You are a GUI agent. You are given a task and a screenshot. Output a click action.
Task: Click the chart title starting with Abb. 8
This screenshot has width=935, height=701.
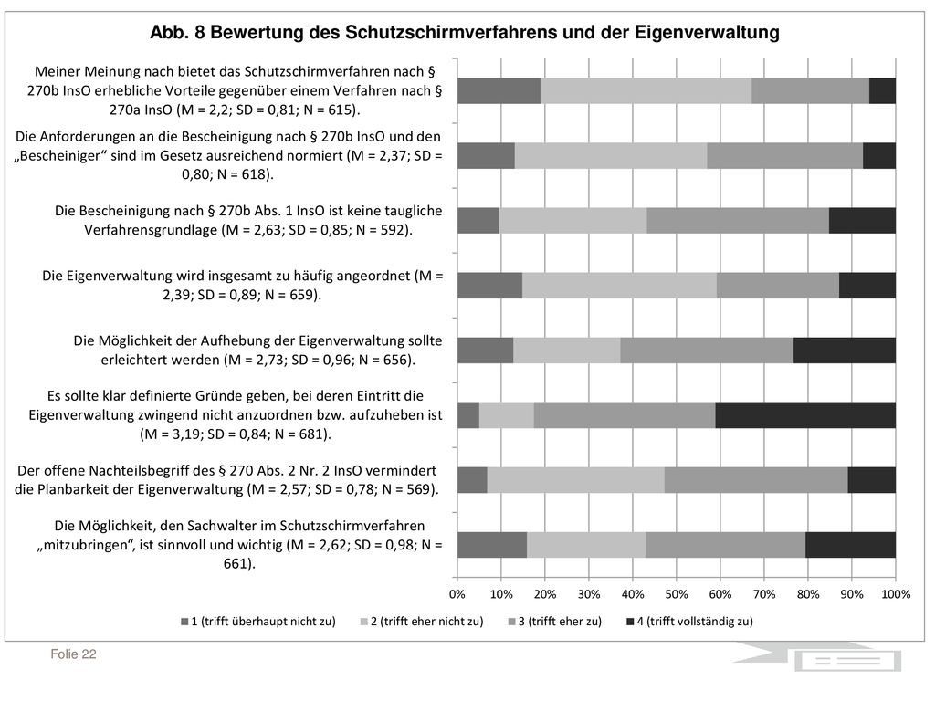[465, 32]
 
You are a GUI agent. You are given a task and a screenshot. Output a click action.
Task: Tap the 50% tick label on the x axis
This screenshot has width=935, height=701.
[677, 594]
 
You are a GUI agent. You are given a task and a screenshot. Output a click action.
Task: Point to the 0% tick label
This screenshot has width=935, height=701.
[457, 594]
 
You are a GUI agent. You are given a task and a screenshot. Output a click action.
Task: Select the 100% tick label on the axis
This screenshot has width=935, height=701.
[896, 594]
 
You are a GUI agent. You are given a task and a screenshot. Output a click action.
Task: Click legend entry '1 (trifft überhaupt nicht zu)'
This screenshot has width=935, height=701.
[258, 621]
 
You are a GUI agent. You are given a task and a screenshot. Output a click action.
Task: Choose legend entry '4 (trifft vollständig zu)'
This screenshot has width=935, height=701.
[690, 621]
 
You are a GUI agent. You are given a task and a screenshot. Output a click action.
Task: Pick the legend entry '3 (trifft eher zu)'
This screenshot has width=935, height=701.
[554, 621]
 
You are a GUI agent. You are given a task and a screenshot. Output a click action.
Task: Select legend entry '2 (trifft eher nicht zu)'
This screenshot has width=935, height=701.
[422, 621]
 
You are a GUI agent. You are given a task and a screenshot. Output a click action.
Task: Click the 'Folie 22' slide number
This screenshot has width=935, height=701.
[73, 654]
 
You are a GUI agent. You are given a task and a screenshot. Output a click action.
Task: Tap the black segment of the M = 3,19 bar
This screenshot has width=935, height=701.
[805, 415]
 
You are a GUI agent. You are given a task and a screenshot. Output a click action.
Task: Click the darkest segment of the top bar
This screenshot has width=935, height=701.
[883, 90]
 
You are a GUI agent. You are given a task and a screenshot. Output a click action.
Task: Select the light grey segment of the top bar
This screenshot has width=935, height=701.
[646, 90]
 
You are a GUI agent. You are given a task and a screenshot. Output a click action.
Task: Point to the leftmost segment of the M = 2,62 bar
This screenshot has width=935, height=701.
[492, 545]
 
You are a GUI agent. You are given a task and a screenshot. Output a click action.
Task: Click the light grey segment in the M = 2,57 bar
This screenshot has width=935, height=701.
[575, 480]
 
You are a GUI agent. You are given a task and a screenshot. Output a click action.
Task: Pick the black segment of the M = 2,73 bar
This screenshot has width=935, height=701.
[845, 350]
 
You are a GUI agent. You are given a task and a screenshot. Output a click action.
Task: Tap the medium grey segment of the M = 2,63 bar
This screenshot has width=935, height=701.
[738, 221]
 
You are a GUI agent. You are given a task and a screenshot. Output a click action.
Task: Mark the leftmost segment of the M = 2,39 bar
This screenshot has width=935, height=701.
[489, 286]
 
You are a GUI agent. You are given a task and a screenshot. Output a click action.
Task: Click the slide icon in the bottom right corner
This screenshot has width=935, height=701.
[847, 661]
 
